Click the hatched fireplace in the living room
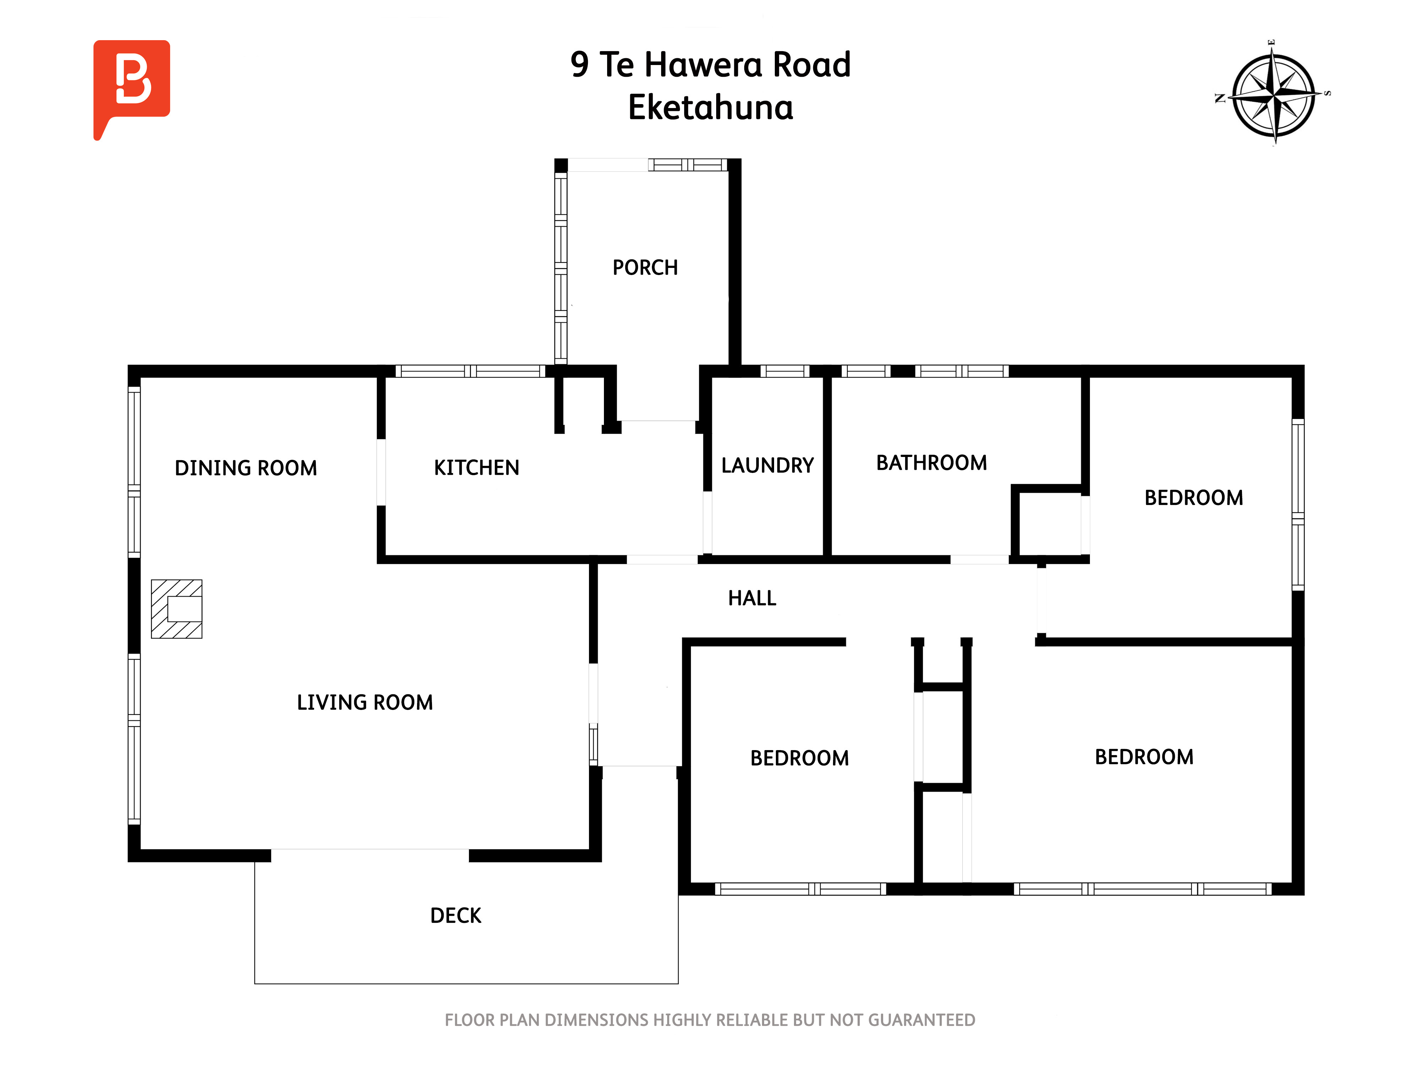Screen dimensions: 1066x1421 point(177,608)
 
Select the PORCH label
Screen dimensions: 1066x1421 point(645,267)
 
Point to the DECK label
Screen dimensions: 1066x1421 point(455,915)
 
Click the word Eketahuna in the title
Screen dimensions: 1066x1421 point(710,107)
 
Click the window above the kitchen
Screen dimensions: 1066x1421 point(470,371)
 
